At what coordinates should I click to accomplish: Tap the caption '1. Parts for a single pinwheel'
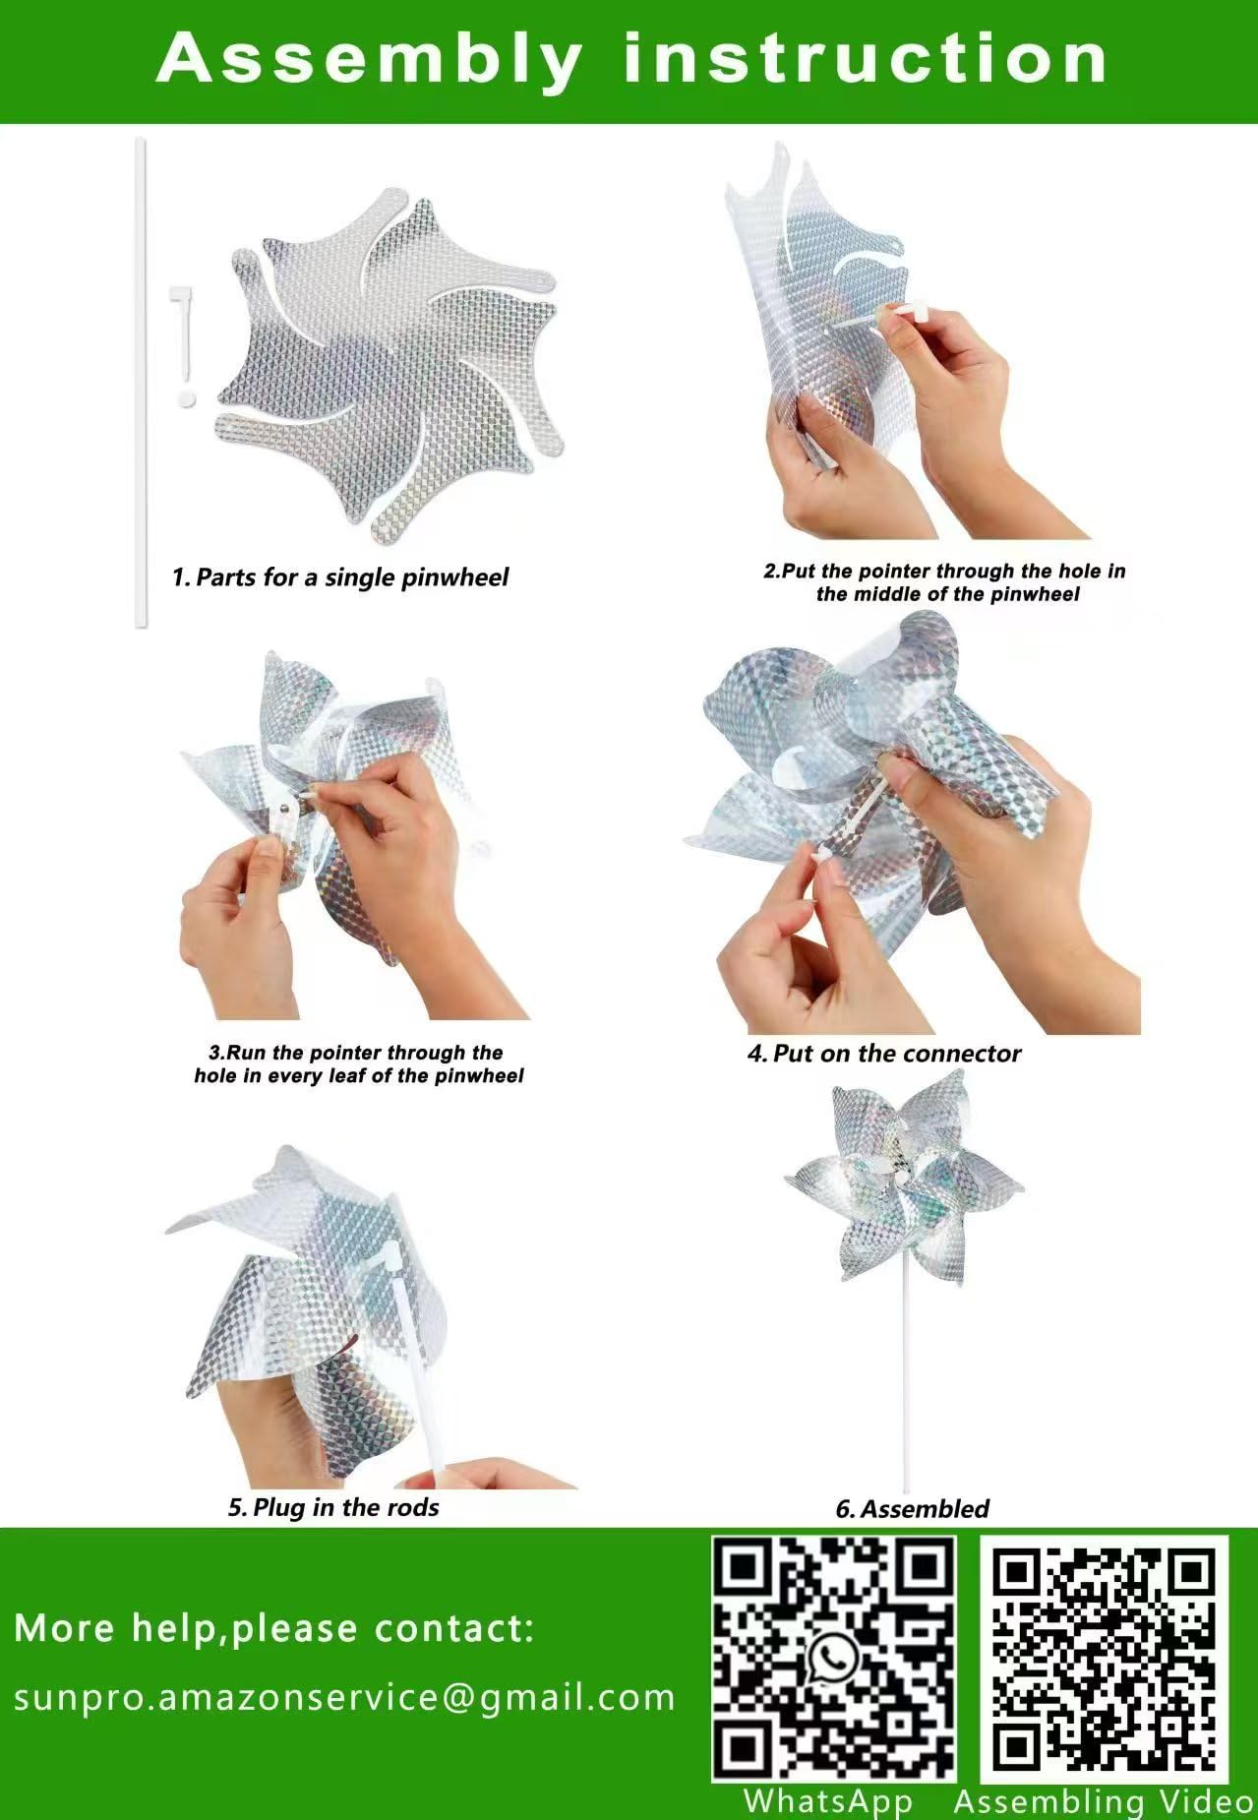(x=340, y=576)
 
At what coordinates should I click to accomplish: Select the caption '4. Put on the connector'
(x=884, y=1054)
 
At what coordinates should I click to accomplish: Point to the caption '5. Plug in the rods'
(x=333, y=1507)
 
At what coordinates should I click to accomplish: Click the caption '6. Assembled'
(x=912, y=1508)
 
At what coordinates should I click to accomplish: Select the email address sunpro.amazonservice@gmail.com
(x=344, y=1697)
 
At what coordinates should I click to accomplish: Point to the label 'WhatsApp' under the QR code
(x=827, y=1801)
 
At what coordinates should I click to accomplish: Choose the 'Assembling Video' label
(x=1105, y=1801)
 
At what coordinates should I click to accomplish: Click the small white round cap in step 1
(x=187, y=398)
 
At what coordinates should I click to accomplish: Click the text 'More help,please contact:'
(x=274, y=1628)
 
